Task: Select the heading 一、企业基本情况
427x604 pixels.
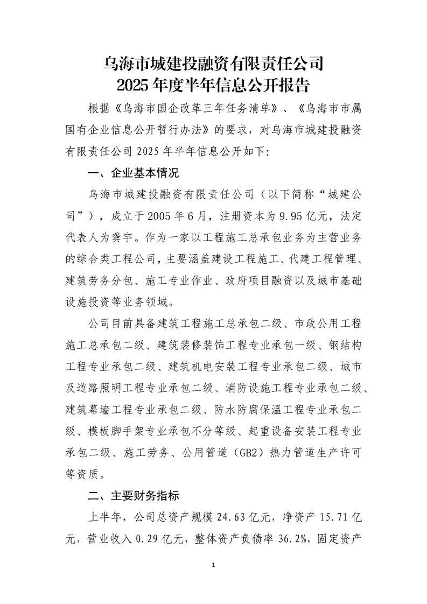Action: tap(132, 174)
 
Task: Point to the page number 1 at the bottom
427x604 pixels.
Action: tap(214, 565)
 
